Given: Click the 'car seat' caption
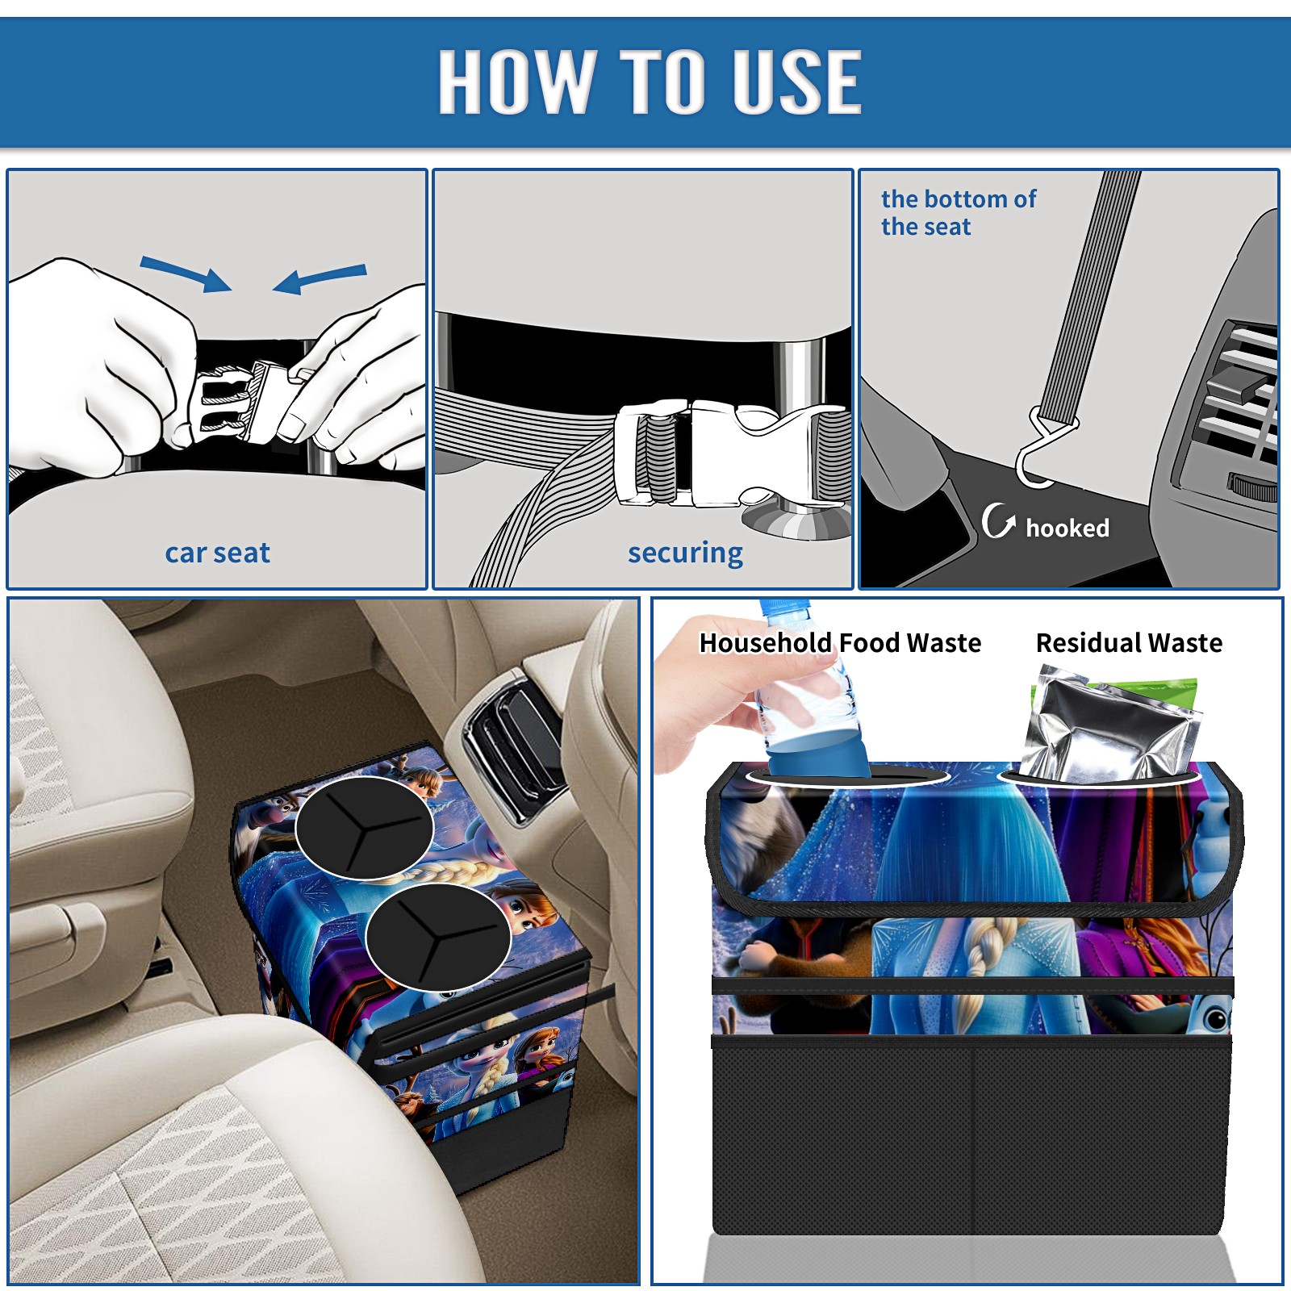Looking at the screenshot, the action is point(217,553).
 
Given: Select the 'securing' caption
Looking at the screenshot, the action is point(685,553).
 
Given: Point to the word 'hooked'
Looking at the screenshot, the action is point(1067,528).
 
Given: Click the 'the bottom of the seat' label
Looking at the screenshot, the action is point(958,212).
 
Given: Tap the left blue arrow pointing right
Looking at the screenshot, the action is point(186,274).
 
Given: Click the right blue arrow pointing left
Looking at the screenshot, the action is point(320,278).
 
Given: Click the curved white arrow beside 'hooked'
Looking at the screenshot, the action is point(997,520).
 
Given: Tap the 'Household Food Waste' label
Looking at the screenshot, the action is point(840,643).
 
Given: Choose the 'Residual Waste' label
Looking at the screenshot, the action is point(1129,643).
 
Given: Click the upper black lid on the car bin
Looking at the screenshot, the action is point(364,827).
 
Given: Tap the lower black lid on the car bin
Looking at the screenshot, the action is point(437,936).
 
